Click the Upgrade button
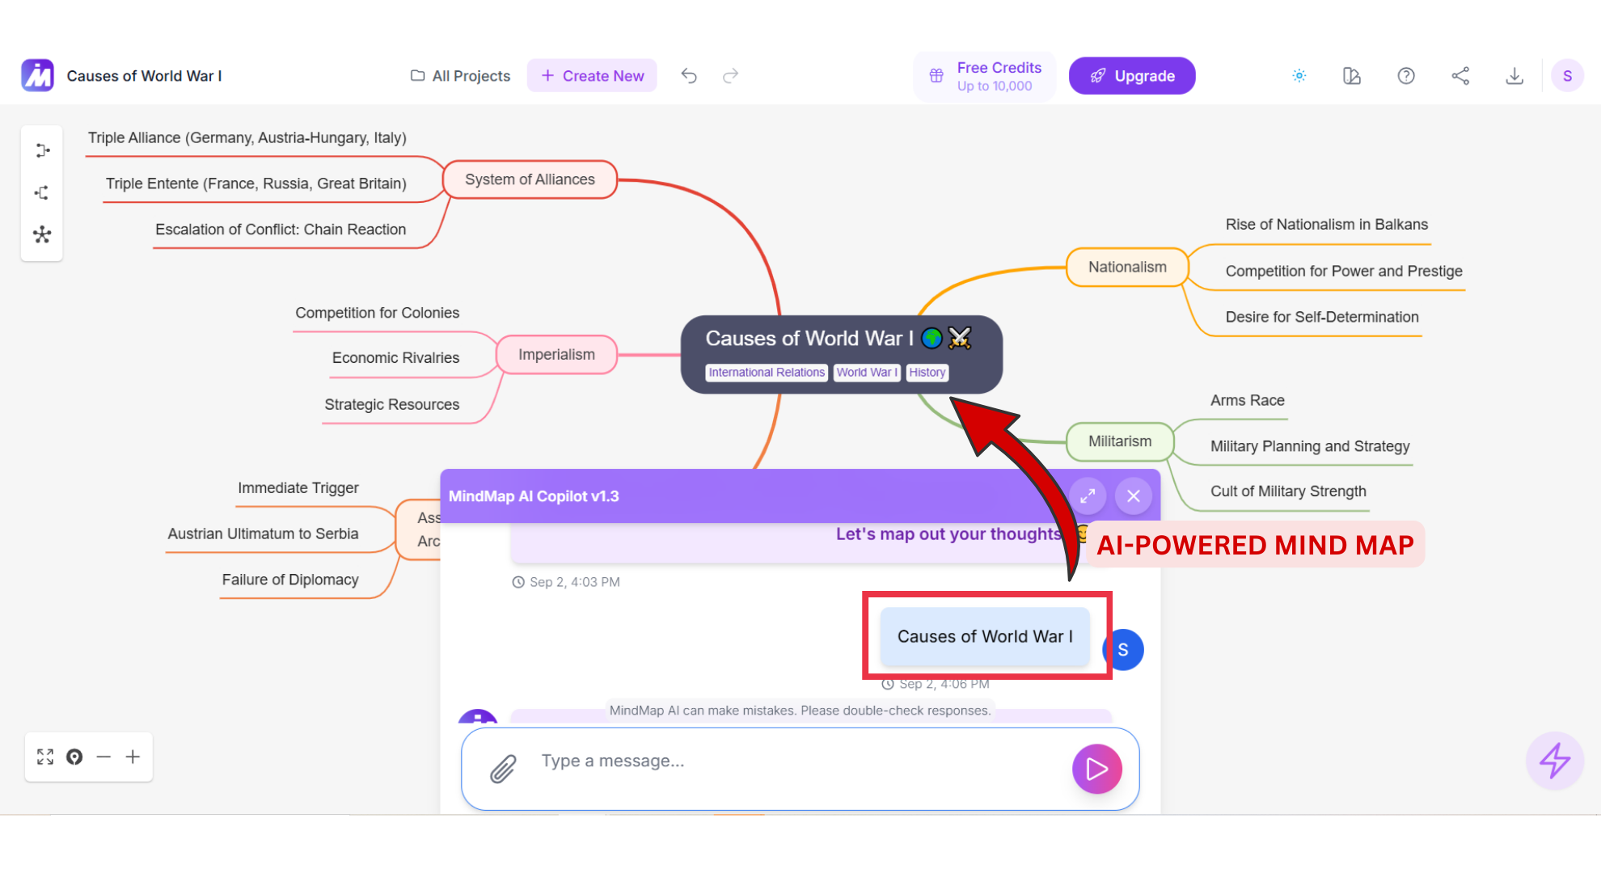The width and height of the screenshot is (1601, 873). [1131, 76]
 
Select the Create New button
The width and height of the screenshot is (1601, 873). [592, 76]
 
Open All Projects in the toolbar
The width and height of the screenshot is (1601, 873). [461, 76]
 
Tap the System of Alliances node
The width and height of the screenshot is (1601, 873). [530, 179]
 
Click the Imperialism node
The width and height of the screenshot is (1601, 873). [556, 355]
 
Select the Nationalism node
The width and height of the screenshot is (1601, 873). [1127, 268]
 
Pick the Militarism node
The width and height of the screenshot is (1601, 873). [1119, 441]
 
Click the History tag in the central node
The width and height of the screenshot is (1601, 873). [927, 373]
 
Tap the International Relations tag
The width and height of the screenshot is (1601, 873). [766, 373]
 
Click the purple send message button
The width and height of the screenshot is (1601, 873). [1096, 769]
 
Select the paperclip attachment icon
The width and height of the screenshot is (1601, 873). [503, 769]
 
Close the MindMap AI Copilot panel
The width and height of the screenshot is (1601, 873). [1133, 496]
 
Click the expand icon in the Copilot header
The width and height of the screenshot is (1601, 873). [1088, 496]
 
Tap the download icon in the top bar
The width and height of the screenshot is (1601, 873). [1514, 76]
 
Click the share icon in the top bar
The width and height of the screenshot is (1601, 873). [1460, 76]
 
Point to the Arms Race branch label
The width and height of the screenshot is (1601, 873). [1247, 401]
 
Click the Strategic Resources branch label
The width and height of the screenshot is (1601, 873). [391, 405]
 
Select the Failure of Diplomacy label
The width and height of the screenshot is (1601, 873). [290, 580]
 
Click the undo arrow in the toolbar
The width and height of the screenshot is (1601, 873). [689, 76]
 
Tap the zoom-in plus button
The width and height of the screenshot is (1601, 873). [133, 757]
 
